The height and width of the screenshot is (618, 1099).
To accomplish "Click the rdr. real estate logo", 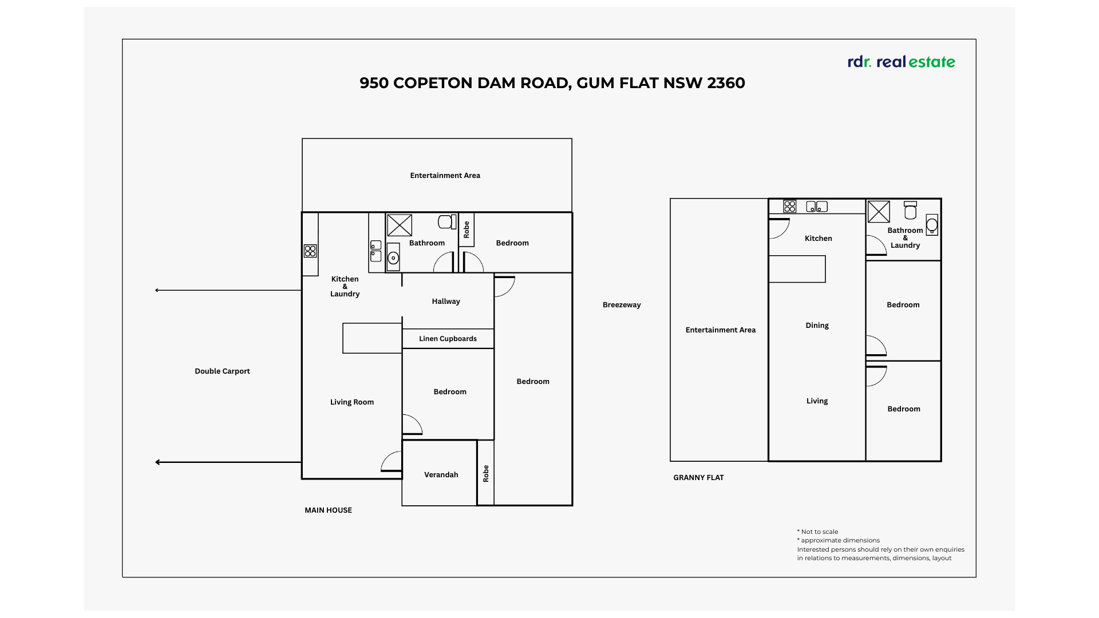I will pyautogui.click(x=901, y=62).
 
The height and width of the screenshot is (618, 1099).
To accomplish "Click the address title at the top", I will pyautogui.click(x=552, y=83).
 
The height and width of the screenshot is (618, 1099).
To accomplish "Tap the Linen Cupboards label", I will pyautogui.click(x=448, y=339).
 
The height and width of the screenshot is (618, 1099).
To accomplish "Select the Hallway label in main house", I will pyautogui.click(x=446, y=302).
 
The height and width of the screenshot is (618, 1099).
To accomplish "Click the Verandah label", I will pyautogui.click(x=441, y=475).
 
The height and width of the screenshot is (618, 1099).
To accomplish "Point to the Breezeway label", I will pyautogui.click(x=622, y=305).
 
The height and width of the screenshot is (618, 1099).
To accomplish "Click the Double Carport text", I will pyautogui.click(x=222, y=371).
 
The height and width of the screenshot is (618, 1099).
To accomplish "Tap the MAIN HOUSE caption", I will pyautogui.click(x=328, y=510).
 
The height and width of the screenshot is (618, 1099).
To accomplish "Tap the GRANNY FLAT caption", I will pyautogui.click(x=698, y=478).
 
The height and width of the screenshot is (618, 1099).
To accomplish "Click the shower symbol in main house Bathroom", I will pyautogui.click(x=400, y=225).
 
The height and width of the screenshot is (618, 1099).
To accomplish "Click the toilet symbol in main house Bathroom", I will pyautogui.click(x=446, y=222).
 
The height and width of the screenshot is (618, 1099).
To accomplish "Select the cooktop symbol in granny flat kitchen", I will pyautogui.click(x=790, y=207).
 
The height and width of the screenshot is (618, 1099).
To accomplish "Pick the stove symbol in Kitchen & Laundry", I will pyautogui.click(x=310, y=251).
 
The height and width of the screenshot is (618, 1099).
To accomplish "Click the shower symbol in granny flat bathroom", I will pyautogui.click(x=879, y=212).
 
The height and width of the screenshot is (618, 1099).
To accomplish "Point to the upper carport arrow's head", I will pyautogui.click(x=157, y=290).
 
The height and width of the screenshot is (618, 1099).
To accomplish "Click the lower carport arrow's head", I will pyautogui.click(x=158, y=462).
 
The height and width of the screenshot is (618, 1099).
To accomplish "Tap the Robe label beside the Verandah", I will pyautogui.click(x=485, y=473).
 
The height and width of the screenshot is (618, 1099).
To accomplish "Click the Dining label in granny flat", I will pyautogui.click(x=817, y=326).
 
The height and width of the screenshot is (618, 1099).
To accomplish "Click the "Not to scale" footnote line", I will pyautogui.click(x=819, y=532).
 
